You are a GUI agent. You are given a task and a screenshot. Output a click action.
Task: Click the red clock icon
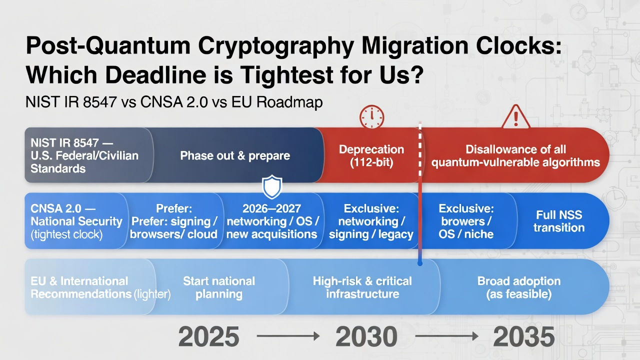point(371,116)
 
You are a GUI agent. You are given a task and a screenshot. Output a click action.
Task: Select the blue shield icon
point(272,187)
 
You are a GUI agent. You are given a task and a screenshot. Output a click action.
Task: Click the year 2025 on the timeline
point(209,337)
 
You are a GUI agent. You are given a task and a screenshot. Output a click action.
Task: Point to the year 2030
point(366,337)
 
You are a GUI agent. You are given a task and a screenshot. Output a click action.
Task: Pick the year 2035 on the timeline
point(524,337)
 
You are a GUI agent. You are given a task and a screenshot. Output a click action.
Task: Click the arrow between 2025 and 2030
point(288,337)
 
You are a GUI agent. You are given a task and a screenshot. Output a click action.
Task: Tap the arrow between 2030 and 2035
point(445,337)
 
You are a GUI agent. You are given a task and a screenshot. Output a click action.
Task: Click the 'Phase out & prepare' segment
point(235,155)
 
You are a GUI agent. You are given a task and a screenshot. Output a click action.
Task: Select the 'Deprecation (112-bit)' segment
point(371,155)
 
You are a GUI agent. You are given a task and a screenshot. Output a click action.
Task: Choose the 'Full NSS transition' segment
point(558,221)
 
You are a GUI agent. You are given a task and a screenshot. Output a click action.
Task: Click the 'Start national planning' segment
point(219,287)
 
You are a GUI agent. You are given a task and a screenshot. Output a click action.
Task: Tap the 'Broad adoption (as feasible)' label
point(518,287)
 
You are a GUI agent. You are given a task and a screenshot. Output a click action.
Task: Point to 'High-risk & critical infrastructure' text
point(362,287)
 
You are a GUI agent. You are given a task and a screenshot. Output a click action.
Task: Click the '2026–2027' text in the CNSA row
point(271,208)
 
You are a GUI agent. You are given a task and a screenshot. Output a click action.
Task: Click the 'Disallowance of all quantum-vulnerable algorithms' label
point(515,155)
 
